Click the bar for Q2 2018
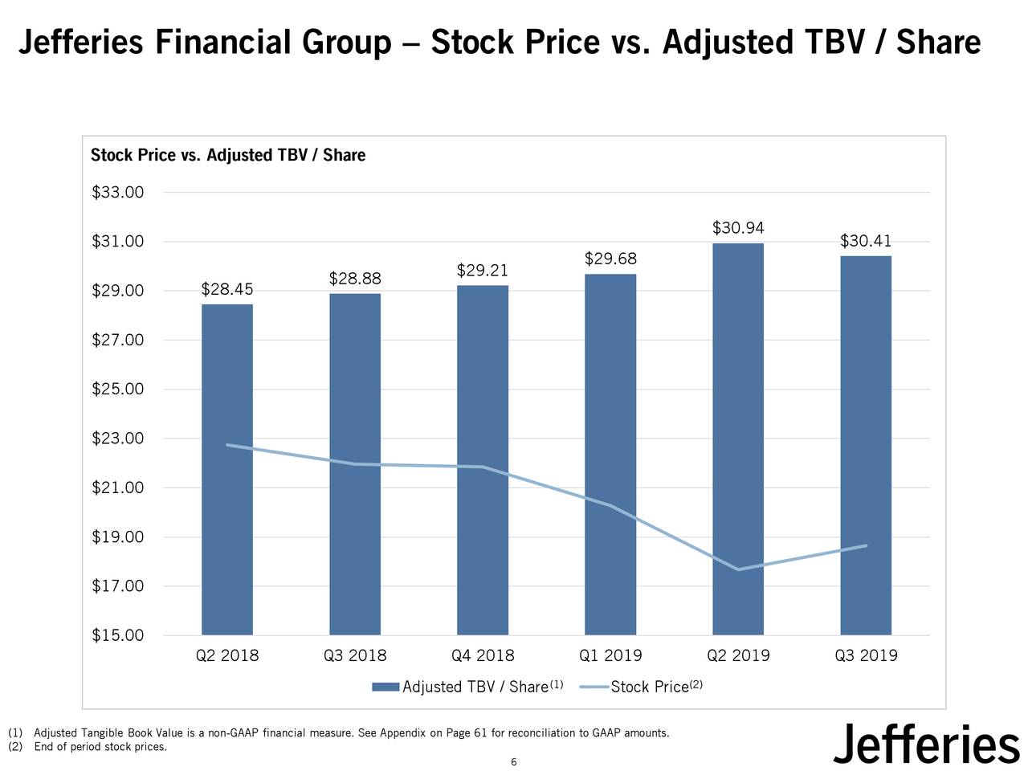[227, 470]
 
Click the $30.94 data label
[738, 228]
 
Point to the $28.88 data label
[355, 279]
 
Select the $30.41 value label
[866, 241]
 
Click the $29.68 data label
[610, 259]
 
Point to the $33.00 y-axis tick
[118, 193]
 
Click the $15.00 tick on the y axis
[118, 635]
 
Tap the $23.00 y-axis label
[118, 439]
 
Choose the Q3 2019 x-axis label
[866, 655]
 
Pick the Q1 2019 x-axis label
[610, 655]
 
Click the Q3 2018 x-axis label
[355, 655]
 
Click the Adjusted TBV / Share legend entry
[474, 687]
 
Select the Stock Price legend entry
[649, 687]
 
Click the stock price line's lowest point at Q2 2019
[738, 569]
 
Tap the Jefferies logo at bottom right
[925, 744]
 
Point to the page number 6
[514, 762]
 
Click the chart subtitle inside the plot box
[228, 155]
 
